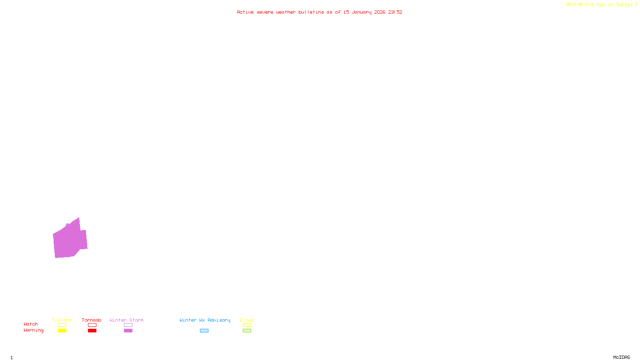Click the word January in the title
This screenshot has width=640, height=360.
click(361, 12)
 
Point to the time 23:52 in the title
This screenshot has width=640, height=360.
click(395, 12)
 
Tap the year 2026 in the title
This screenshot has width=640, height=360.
click(380, 12)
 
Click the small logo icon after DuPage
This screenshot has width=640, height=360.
click(636, 4)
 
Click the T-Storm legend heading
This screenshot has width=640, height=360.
click(62, 320)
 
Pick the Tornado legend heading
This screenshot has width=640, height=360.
click(92, 320)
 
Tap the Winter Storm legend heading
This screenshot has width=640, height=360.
click(126, 320)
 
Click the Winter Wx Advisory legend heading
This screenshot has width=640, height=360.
click(205, 320)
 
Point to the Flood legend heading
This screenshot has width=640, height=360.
click(247, 320)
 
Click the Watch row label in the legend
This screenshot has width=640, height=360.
click(31, 324)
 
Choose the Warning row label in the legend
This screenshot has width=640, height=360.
click(33, 330)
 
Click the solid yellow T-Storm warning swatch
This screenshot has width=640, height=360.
click(62, 331)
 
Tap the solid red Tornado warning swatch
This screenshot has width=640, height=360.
click(92, 331)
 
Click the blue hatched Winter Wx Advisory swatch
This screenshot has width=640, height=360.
click(204, 331)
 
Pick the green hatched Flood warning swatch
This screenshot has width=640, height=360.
click(247, 331)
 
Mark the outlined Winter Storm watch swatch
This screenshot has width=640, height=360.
click(128, 325)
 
